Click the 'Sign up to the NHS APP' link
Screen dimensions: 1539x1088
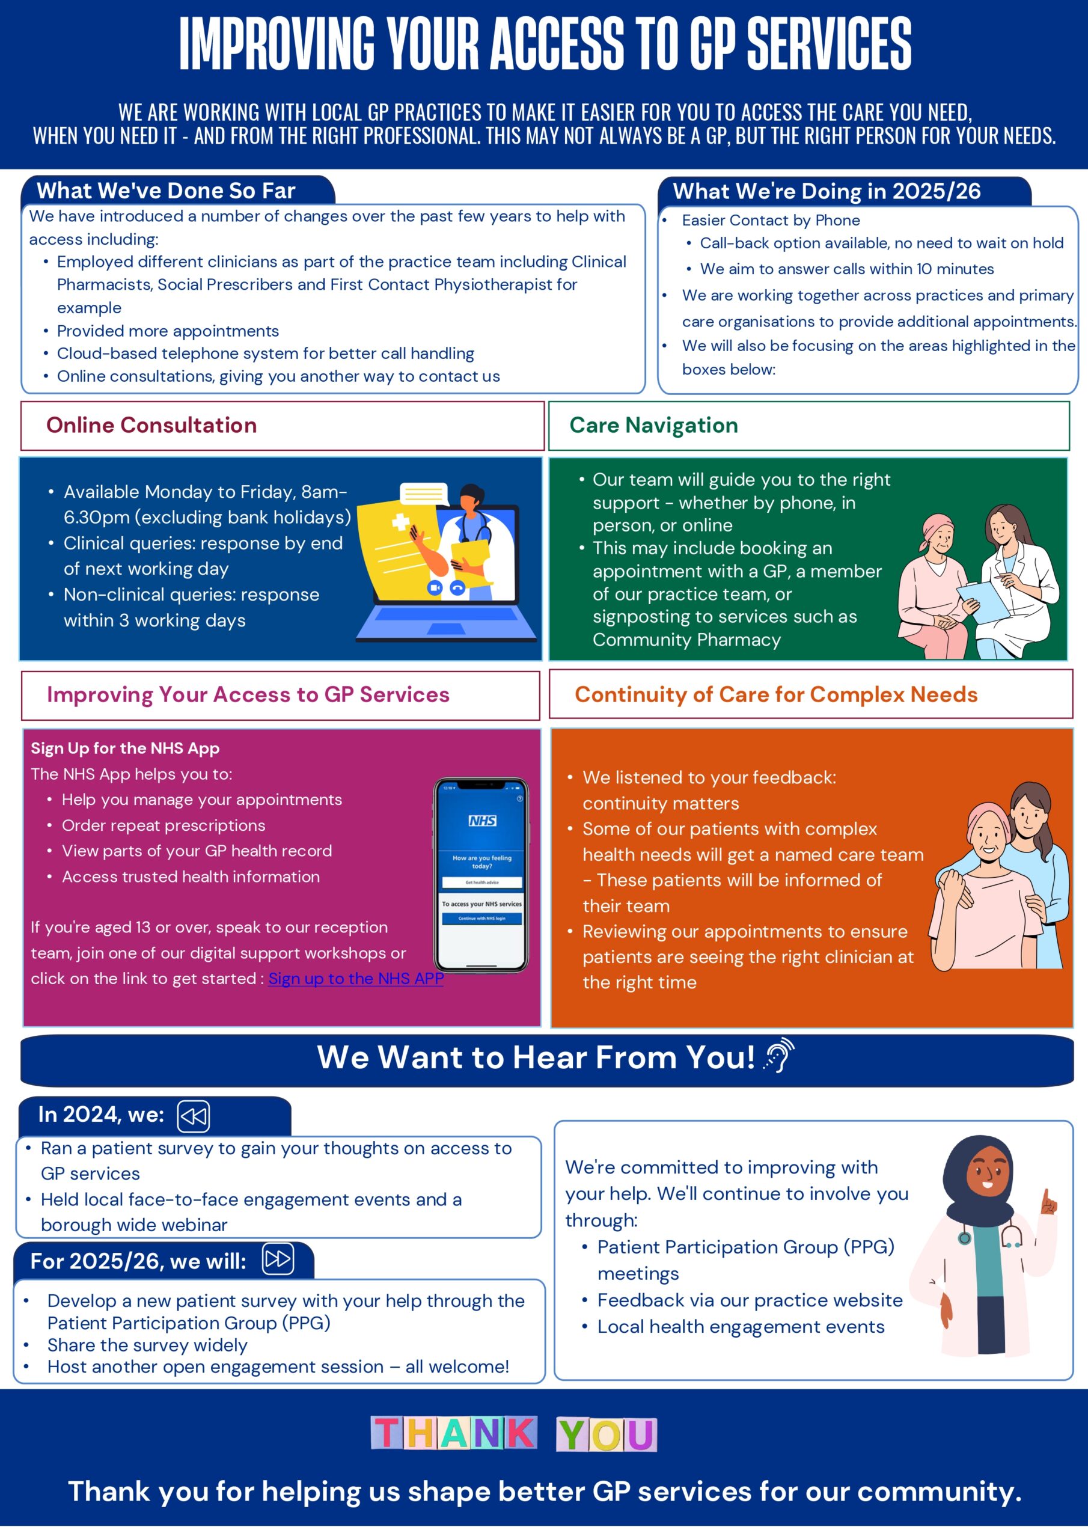(x=355, y=979)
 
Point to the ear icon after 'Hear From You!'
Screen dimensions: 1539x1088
(x=780, y=1056)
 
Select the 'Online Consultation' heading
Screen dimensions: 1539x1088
(x=151, y=425)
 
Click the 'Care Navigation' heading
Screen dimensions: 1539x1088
(x=653, y=425)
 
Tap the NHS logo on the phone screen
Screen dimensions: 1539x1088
(x=482, y=821)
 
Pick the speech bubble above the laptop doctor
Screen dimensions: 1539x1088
(x=424, y=494)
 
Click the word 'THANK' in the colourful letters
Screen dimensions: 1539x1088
(x=454, y=1433)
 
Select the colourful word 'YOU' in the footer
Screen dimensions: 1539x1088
(x=606, y=1435)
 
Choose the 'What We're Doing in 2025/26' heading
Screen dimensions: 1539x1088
(x=827, y=191)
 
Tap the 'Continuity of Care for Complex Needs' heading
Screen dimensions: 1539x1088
(x=775, y=694)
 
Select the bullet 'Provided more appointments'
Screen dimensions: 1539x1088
(x=168, y=331)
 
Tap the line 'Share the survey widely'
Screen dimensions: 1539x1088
(x=147, y=1345)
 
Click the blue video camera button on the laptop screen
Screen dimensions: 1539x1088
(x=435, y=588)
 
